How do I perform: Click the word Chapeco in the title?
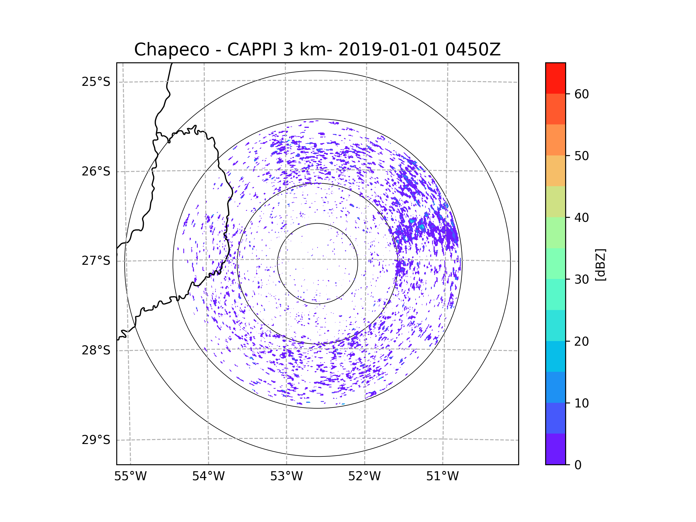click(x=172, y=50)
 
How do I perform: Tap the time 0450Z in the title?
click(x=473, y=50)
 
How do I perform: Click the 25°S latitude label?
click(x=96, y=82)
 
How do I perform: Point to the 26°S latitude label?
click(x=96, y=171)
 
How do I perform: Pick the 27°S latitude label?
click(x=96, y=261)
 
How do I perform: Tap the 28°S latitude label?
click(x=96, y=350)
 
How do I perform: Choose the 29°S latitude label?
click(x=96, y=440)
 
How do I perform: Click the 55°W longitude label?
click(x=130, y=476)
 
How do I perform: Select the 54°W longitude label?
click(x=208, y=476)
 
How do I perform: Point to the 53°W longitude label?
click(x=286, y=476)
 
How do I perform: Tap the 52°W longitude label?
click(x=364, y=476)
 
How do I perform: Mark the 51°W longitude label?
click(x=442, y=476)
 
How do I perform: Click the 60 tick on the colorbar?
click(x=581, y=94)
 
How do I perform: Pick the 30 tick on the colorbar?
click(x=581, y=279)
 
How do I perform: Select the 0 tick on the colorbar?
click(x=578, y=465)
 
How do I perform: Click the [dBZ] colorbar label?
click(x=600, y=264)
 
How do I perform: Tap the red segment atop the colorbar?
click(x=556, y=78)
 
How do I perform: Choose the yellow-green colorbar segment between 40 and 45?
click(x=556, y=202)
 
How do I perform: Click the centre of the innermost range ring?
click(x=318, y=264)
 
